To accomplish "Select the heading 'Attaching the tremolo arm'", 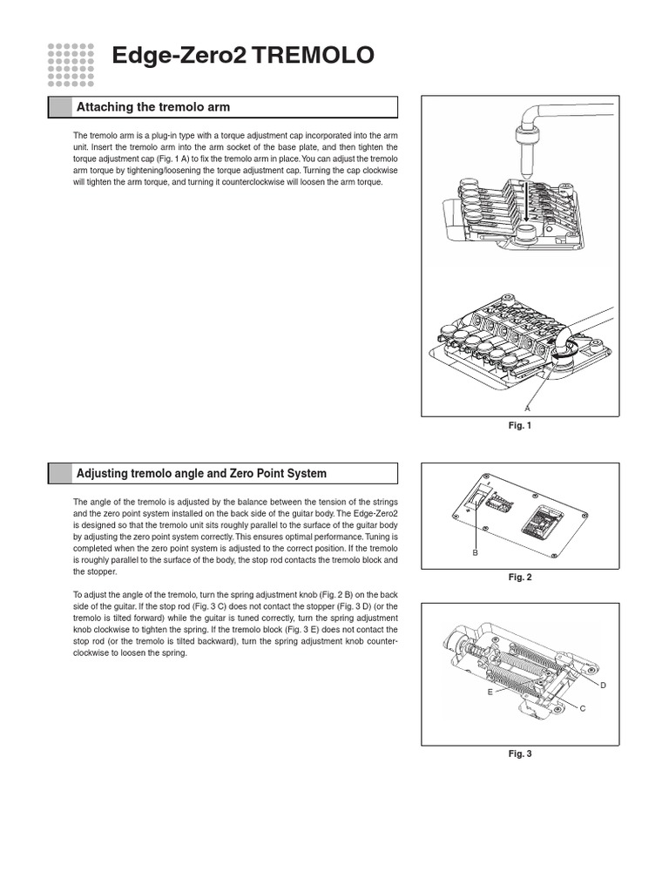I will click(153, 107).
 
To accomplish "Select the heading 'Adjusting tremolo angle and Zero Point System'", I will click(201, 474).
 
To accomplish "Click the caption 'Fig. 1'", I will click(520, 425).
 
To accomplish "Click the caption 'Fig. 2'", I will click(520, 577).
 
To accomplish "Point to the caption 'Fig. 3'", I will click(520, 753).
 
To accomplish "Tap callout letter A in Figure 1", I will click(527, 408).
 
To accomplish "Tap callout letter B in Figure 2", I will click(475, 552).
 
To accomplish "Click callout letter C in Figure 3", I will click(582, 708).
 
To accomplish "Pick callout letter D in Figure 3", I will click(602, 686).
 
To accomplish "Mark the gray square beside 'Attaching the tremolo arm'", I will click(59, 107).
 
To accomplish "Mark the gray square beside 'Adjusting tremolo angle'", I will click(59, 474).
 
